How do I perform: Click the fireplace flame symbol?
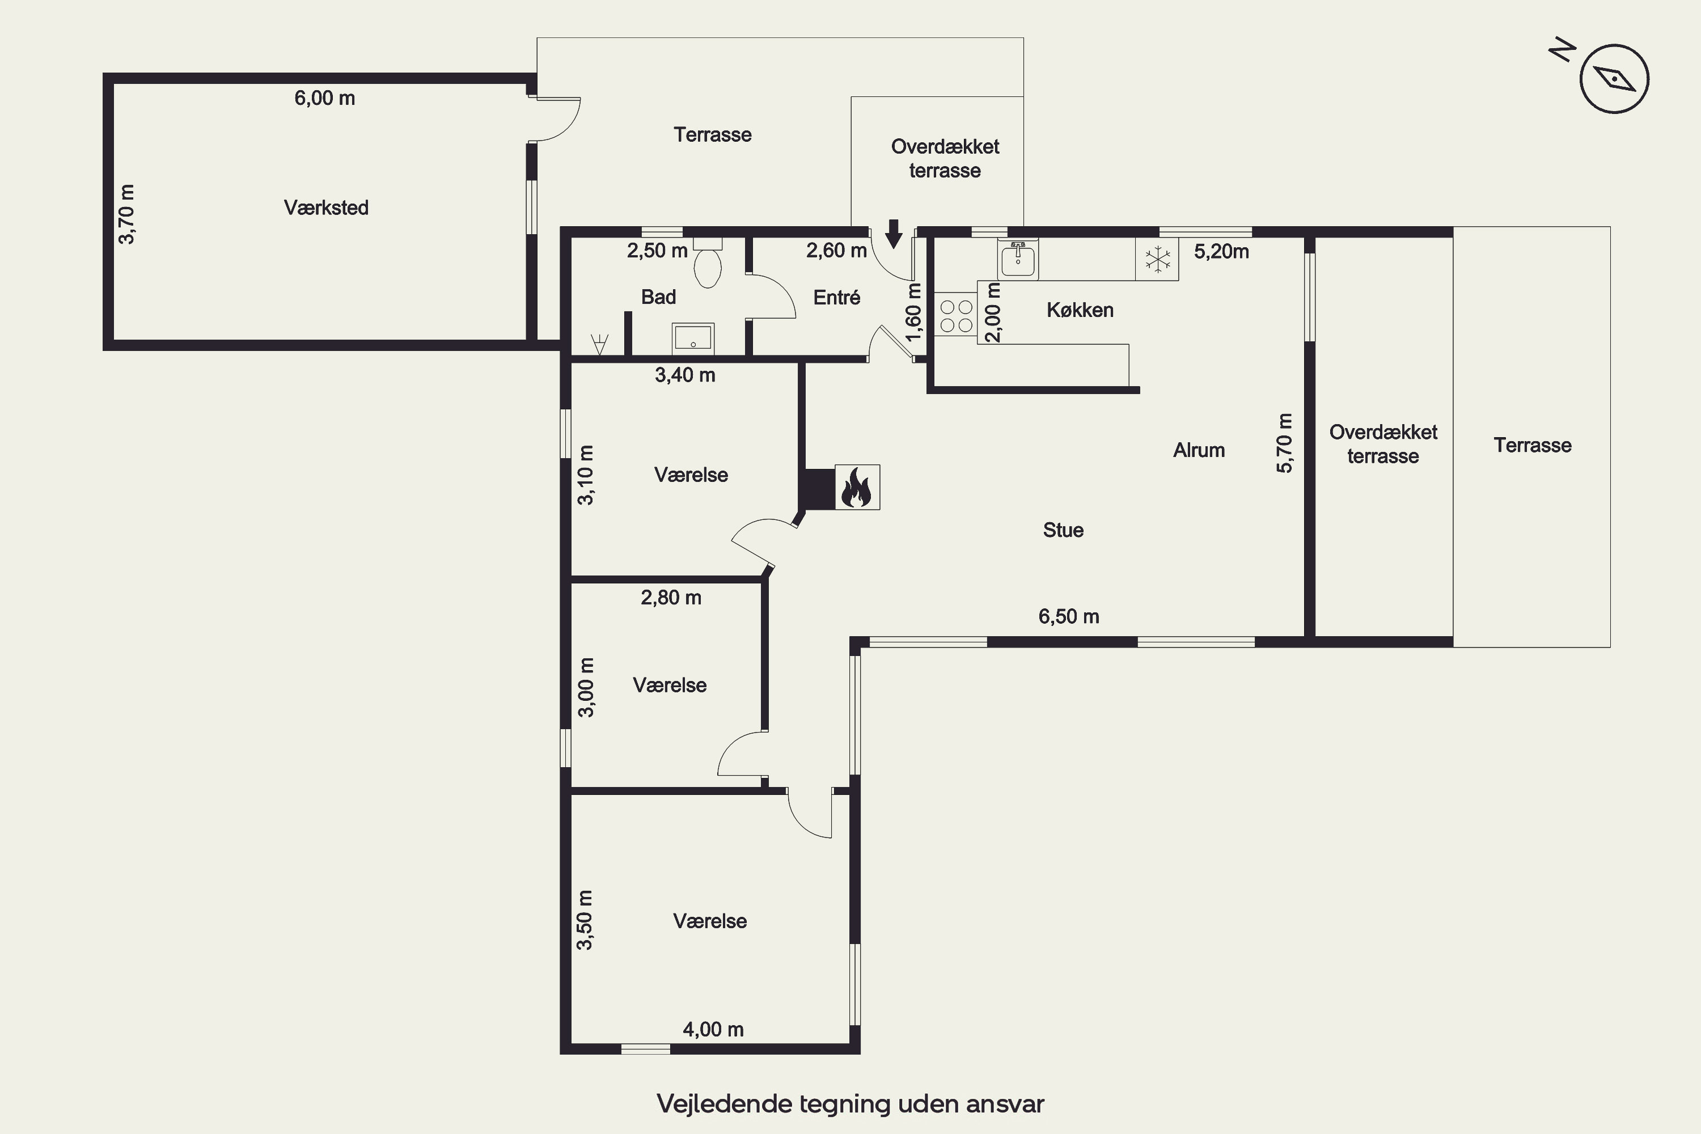857,488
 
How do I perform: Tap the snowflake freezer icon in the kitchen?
1157,260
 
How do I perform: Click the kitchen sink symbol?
1018,258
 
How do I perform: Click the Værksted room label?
326,208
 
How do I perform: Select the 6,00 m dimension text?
325,98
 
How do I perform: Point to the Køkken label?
1080,310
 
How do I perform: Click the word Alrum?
1199,450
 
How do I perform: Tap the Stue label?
1063,530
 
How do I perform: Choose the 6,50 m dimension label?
1069,616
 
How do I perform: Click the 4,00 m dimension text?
713,1029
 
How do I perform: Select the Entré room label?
837,297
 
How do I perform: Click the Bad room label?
658,297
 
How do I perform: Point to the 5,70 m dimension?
1284,443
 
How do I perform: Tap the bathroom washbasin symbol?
693,338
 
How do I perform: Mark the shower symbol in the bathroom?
599,344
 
